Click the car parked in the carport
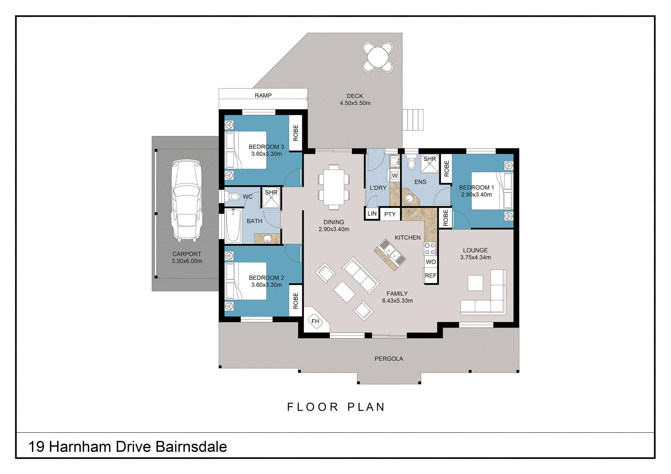[187, 200]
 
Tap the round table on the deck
[378, 57]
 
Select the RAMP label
[263, 96]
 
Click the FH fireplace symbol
[315, 321]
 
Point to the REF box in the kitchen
[430, 276]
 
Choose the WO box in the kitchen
[431, 262]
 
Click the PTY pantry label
[390, 215]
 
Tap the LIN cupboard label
[372, 214]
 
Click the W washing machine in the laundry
[395, 175]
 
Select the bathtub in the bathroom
[233, 225]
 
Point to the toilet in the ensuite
[411, 162]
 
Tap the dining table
[333, 187]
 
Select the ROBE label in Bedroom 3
[296, 133]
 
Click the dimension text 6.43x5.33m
[397, 301]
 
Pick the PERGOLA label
[389, 359]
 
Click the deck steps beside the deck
[413, 120]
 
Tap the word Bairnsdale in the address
[191, 447]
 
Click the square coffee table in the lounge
[475, 283]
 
